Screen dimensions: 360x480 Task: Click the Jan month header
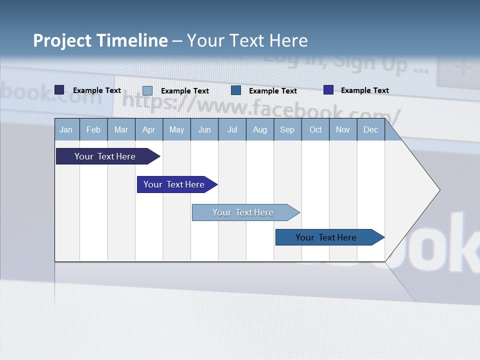tap(66, 129)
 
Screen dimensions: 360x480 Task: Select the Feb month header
tap(93, 129)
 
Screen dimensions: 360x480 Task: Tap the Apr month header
tap(148, 129)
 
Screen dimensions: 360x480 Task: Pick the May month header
tap(176, 129)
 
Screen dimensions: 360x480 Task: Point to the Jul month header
tap(232, 129)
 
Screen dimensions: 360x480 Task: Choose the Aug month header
tap(260, 129)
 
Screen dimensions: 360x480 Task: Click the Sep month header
tap(287, 129)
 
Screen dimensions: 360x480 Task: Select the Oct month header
tap(315, 129)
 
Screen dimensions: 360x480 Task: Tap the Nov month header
tap(343, 129)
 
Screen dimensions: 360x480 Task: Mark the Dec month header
tap(371, 129)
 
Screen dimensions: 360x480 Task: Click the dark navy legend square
tap(59, 90)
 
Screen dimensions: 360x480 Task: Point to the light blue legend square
tap(147, 90)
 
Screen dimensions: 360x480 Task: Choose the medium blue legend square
tap(236, 90)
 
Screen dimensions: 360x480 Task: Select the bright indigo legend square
tap(328, 90)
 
